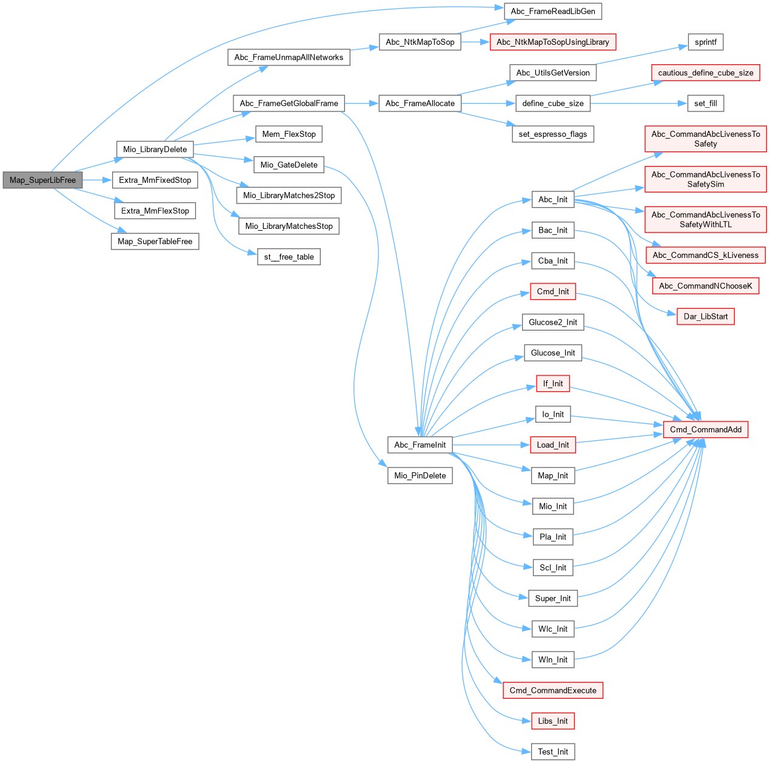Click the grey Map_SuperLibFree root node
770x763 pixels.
pyautogui.click(x=42, y=180)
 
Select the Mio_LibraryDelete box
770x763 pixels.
pyautogui.click(x=155, y=149)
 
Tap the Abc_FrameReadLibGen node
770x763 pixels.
pyautogui.click(x=553, y=11)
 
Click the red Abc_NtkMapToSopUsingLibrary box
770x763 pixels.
pyautogui.click(x=552, y=42)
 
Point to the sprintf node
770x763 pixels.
pyautogui.click(x=705, y=42)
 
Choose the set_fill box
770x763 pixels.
pyautogui.click(x=705, y=103)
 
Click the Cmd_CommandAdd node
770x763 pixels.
pyautogui.click(x=705, y=429)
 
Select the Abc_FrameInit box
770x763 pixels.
pyautogui.click(x=420, y=444)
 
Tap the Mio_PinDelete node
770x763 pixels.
pyautogui.click(x=420, y=475)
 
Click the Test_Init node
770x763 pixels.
pyautogui.click(x=552, y=751)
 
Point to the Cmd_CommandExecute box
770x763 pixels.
pyautogui.click(x=552, y=690)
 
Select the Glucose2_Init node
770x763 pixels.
pyautogui.click(x=552, y=322)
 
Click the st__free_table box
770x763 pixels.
pyautogui.click(x=289, y=257)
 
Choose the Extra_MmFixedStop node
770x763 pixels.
pyautogui.click(x=155, y=180)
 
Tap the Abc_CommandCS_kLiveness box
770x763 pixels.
pyautogui.click(x=705, y=255)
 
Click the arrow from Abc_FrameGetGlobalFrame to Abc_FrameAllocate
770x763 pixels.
pyautogui.click(x=361, y=103)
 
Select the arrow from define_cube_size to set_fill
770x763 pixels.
pyautogui.click(x=637, y=103)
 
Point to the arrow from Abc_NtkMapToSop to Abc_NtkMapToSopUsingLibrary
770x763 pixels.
pyautogui.click(x=475, y=42)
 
